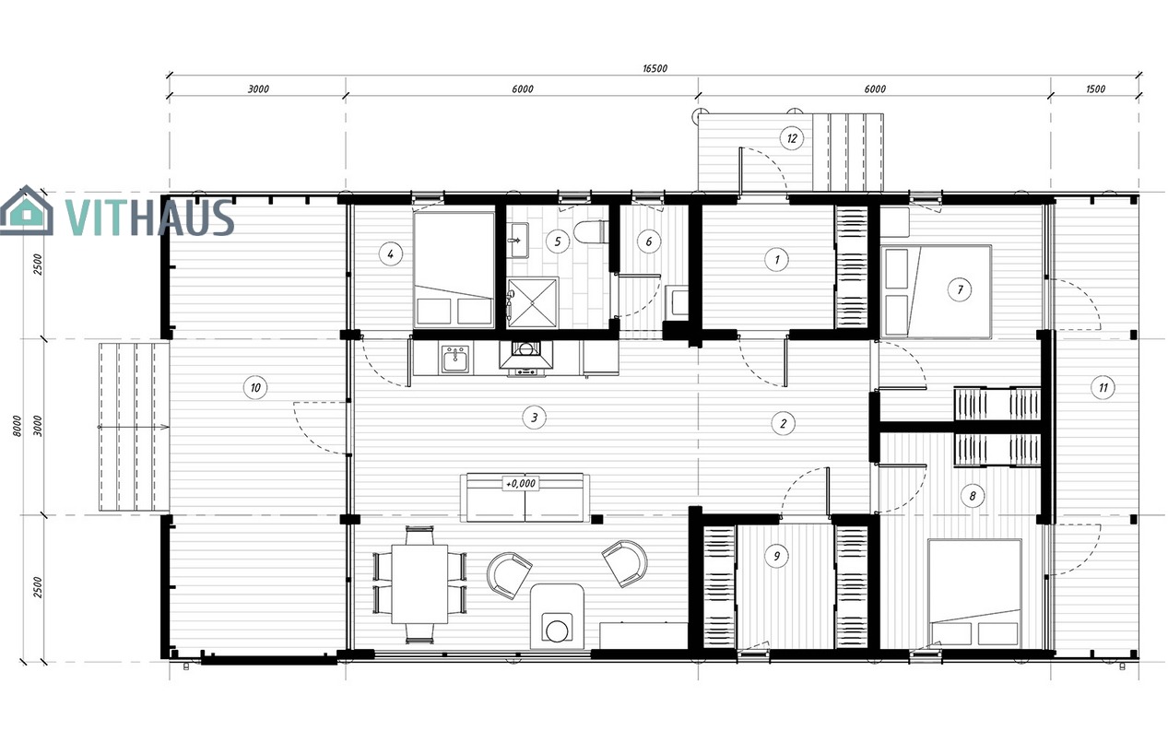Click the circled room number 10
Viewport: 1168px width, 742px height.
tap(255, 387)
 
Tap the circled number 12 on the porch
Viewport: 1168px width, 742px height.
tap(792, 138)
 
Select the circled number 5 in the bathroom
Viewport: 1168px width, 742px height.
tap(558, 241)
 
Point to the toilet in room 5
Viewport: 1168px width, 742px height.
tap(590, 231)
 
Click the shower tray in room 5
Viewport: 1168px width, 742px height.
tap(533, 302)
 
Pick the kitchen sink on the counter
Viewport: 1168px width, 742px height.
tap(455, 359)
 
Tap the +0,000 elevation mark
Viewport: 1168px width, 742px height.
tap(520, 483)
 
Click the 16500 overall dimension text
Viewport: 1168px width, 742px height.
tap(655, 68)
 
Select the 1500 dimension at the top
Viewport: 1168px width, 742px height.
tap(1095, 89)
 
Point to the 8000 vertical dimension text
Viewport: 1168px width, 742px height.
tap(18, 426)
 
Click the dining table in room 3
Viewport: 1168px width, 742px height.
tap(419, 584)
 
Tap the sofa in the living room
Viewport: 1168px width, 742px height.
tap(525, 498)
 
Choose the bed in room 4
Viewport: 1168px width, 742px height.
tap(454, 269)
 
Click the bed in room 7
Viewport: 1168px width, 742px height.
tap(936, 291)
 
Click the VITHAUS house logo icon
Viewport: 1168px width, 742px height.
tap(26, 211)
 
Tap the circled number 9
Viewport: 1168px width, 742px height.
tap(776, 556)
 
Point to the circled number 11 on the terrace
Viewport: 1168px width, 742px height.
tap(1103, 387)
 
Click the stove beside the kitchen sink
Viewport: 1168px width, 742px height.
tap(525, 359)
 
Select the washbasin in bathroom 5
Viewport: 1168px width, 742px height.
tap(519, 241)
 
